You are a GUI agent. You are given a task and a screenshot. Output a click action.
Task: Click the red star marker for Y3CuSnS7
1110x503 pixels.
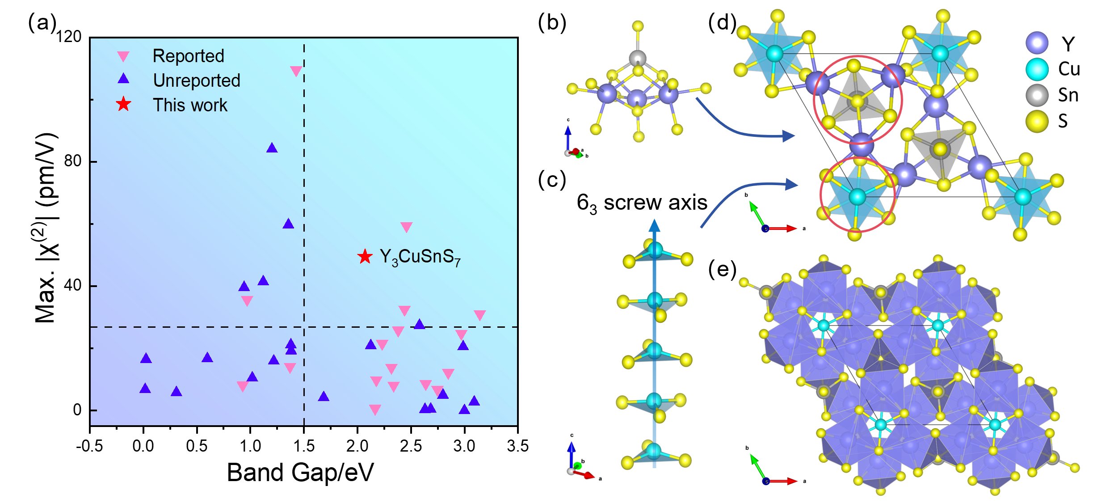(x=365, y=256)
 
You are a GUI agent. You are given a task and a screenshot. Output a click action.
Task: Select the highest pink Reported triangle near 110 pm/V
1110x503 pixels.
(x=296, y=71)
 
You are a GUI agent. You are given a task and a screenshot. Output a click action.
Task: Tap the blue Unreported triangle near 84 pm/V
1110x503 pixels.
(x=272, y=148)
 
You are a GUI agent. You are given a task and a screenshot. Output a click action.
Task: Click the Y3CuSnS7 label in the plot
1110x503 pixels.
(x=420, y=258)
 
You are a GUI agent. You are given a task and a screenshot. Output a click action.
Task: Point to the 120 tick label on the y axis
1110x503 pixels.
(x=69, y=37)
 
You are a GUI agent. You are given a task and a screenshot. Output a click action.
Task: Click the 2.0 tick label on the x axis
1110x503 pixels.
(x=357, y=446)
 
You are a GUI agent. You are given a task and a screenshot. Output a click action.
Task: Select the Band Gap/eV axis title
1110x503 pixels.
(x=300, y=473)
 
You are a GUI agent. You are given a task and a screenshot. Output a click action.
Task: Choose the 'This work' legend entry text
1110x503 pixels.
(x=190, y=105)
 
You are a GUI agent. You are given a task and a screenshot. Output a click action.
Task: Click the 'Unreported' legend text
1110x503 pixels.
(x=197, y=80)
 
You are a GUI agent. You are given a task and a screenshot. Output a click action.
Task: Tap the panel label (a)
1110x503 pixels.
(x=42, y=22)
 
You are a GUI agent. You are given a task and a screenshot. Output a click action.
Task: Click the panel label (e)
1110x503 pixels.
(x=722, y=270)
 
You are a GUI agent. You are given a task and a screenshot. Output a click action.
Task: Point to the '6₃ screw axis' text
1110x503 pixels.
(x=642, y=203)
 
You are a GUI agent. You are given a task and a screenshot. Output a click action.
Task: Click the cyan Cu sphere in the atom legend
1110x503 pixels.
(x=1037, y=69)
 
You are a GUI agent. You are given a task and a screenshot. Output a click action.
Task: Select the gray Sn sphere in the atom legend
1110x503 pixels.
(x=1037, y=95)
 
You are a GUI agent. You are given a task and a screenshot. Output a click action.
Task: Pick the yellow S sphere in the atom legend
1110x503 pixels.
(x=1037, y=121)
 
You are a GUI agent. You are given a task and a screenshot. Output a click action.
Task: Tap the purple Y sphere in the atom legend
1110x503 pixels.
(x=1037, y=43)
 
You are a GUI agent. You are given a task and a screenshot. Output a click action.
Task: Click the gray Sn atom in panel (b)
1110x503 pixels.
(x=638, y=58)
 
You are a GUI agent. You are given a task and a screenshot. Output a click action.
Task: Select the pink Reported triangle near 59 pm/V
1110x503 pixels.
(x=406, y=227)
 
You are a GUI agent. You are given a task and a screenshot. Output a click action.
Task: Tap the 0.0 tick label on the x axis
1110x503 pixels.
(x=143, y=446)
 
